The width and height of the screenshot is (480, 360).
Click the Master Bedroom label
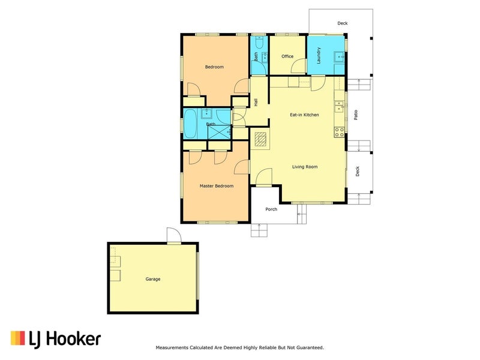pos(216,186)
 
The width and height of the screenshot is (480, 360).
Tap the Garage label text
pos(153,279)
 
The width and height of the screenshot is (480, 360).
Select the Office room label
pos(287,56)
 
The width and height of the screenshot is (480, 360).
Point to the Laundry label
pos(319,56)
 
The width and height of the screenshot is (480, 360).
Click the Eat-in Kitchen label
pos(304,115)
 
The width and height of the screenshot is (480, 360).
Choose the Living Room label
pos(305,167)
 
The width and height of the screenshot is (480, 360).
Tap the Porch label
pos(271,209)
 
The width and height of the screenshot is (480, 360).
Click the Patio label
pos(356,114)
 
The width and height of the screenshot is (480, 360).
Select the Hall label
pos(256,103)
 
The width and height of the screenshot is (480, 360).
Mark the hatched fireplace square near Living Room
pos(260,139)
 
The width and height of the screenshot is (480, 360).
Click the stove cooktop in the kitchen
pos(340,131)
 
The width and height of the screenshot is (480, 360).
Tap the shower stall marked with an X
pos(218,132)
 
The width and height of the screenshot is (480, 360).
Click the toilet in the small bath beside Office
pos(259,43)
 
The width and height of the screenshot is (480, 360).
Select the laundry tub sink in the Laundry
pos(338,58)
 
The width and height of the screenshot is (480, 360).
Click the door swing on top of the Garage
pos(173,236)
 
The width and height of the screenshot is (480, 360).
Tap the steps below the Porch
pos(259,230)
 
